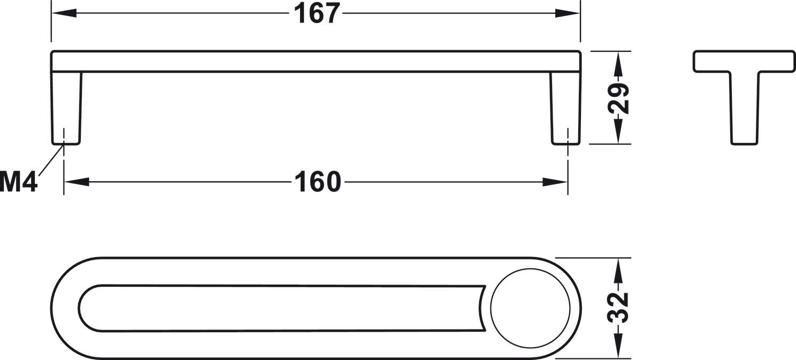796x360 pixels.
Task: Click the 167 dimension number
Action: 317,14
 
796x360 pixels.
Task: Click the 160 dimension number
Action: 318,182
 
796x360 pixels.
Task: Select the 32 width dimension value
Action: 618,308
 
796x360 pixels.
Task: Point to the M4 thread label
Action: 19,181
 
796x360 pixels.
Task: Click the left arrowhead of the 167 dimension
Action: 64,13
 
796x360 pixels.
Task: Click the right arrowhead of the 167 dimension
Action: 568,13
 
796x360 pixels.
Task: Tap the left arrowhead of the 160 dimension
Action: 76,182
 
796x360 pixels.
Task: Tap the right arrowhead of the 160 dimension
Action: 555,182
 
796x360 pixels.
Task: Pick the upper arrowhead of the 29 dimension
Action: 618,64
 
